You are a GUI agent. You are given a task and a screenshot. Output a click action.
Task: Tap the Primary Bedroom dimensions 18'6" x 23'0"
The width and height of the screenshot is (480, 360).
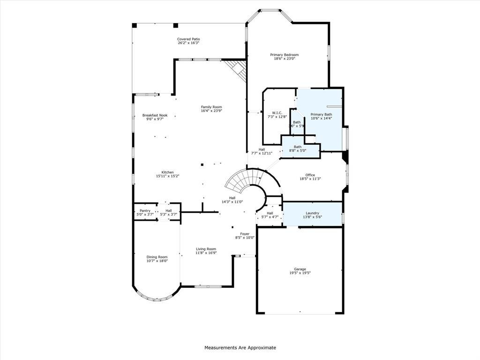point(284,59)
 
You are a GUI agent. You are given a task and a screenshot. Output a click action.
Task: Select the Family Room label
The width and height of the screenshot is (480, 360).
point(211,106)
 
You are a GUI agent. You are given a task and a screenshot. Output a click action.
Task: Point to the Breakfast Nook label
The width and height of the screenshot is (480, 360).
point(155,115)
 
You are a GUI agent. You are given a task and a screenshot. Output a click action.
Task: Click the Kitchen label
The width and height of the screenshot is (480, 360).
point(168,172)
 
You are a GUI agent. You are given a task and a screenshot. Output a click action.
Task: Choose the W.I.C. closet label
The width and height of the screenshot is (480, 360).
point(277,112)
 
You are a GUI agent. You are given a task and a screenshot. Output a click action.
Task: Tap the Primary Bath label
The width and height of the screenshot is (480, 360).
point(321,114)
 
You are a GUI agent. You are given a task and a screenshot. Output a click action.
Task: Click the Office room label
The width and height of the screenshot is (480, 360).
point(310,175)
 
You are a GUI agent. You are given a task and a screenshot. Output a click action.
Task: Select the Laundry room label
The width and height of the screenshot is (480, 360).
point(312,213)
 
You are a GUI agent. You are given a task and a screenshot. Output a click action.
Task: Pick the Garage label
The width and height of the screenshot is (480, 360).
point(300,269)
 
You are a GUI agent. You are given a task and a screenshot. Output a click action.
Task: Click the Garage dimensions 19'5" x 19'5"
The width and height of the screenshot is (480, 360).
point(300,273)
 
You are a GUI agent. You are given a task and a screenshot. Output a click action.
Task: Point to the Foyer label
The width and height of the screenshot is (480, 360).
point(245,233)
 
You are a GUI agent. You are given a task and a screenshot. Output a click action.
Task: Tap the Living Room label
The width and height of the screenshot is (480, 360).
point(206,248)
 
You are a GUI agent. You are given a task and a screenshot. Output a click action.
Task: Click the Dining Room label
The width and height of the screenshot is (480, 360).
point(157,257)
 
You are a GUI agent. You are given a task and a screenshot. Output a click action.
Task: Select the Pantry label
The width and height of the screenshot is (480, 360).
point(145,210)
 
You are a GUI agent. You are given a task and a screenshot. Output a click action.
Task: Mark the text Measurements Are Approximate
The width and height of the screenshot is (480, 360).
point(240,348)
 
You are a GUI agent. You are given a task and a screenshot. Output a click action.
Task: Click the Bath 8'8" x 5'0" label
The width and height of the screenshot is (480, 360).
point(298,147)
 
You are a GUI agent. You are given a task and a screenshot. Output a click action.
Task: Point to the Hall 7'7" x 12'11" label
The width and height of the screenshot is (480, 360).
point(262,149)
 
